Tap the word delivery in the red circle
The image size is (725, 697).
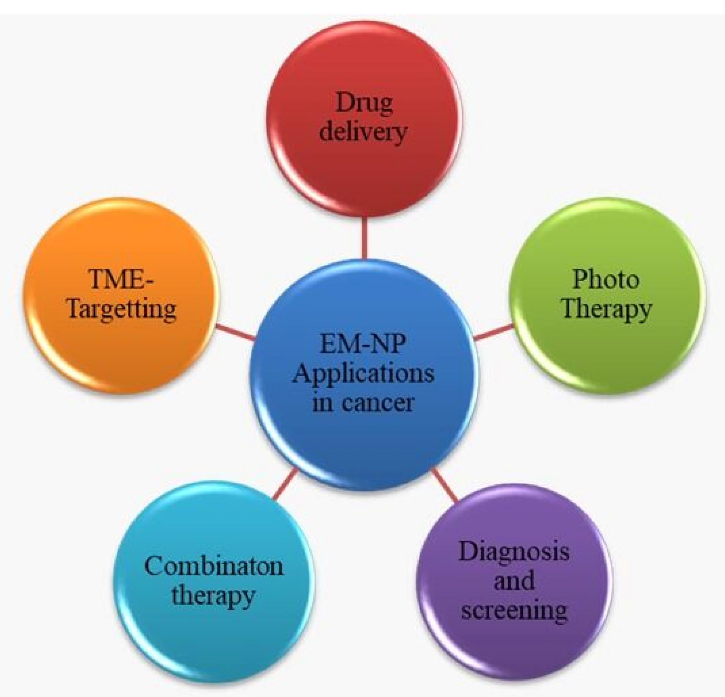[x=363, y=132]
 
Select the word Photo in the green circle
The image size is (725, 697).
[x=606, y=279]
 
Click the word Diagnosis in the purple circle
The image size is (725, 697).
[x=514, y=553]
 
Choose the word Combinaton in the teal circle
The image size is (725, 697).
[x=213, y=567]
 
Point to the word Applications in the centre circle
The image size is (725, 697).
[x=363, y=374]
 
